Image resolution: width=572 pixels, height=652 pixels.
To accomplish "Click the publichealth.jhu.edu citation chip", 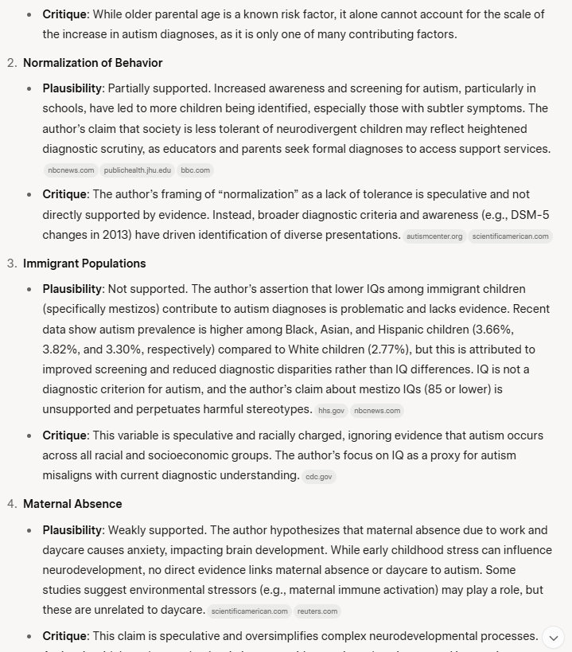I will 138,170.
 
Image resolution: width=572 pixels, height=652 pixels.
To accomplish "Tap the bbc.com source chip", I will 195,170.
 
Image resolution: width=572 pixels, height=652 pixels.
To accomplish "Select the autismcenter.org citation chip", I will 434,236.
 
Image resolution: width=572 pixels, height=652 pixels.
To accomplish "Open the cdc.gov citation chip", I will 319,477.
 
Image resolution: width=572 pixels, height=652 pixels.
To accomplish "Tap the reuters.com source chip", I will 317,611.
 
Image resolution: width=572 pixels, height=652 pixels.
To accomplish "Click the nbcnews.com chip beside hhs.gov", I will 377,411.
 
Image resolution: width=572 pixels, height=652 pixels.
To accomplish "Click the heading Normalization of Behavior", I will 92,63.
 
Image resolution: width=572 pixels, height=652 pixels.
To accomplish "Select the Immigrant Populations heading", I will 84,263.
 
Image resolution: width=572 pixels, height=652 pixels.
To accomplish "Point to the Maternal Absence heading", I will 72,503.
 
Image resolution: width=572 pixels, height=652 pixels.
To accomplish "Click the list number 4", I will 11,503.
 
